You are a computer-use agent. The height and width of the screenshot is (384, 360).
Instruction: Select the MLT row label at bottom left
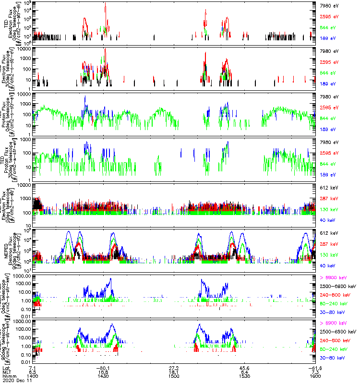point(6,372)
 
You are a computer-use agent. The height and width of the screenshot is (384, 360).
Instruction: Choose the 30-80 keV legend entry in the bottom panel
point(332,358)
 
